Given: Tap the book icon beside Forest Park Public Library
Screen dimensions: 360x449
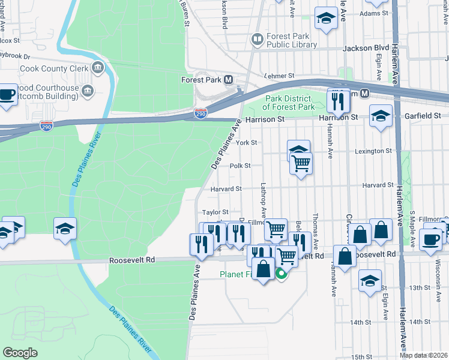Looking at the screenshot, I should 258,40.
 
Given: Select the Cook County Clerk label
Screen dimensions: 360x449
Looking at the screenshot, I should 55,68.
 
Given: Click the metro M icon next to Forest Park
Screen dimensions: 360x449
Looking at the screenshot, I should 228,79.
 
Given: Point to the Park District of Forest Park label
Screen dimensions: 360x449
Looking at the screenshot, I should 290,103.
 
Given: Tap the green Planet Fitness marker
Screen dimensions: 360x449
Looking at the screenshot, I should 280,274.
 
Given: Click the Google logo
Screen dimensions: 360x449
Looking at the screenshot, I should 20,353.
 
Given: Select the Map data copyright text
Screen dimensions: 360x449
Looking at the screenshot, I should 423,355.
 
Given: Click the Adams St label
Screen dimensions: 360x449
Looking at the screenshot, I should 375,13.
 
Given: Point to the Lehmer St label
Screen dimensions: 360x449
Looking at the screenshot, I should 280,76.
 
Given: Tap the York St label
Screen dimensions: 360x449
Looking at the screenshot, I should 246,143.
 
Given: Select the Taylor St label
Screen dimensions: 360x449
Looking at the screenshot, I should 215,212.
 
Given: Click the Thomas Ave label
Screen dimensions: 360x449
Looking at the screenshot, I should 314,229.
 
